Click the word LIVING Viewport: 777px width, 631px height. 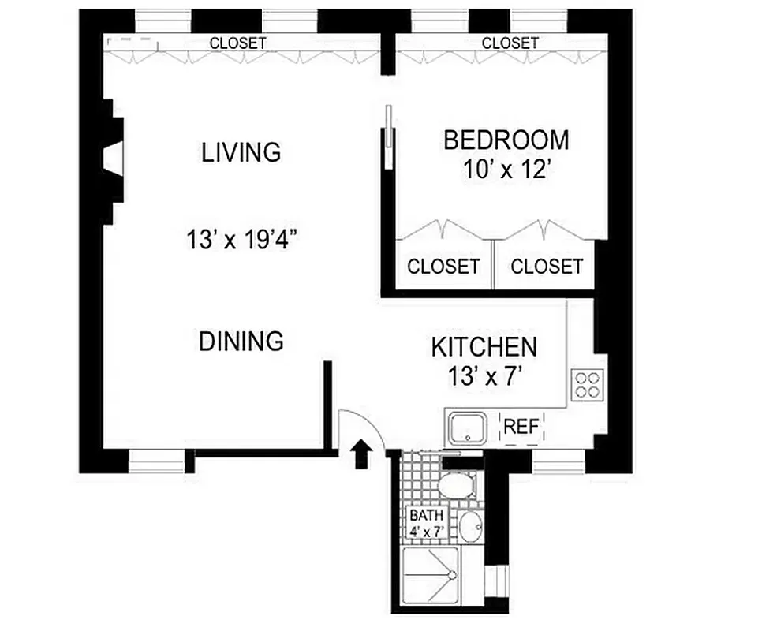[x=241, y=151]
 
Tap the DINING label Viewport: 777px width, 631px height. [x=241, y=342]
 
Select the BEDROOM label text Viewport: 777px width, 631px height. [x=506, y=140]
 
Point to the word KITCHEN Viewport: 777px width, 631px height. [x=484, y=346]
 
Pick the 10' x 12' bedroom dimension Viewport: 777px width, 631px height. [x=506, y=170]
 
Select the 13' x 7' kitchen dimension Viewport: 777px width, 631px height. [x=484, y=375]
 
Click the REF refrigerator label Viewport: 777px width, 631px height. [x=521, y=428]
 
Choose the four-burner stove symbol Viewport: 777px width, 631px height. [x=588, y=386]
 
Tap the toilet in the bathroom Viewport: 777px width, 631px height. [x=457, y=485]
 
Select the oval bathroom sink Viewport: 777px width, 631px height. [x=471, y=526]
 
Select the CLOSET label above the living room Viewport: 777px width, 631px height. [x=237, y=43]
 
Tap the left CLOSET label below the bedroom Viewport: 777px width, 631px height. [x=443, y=267]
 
